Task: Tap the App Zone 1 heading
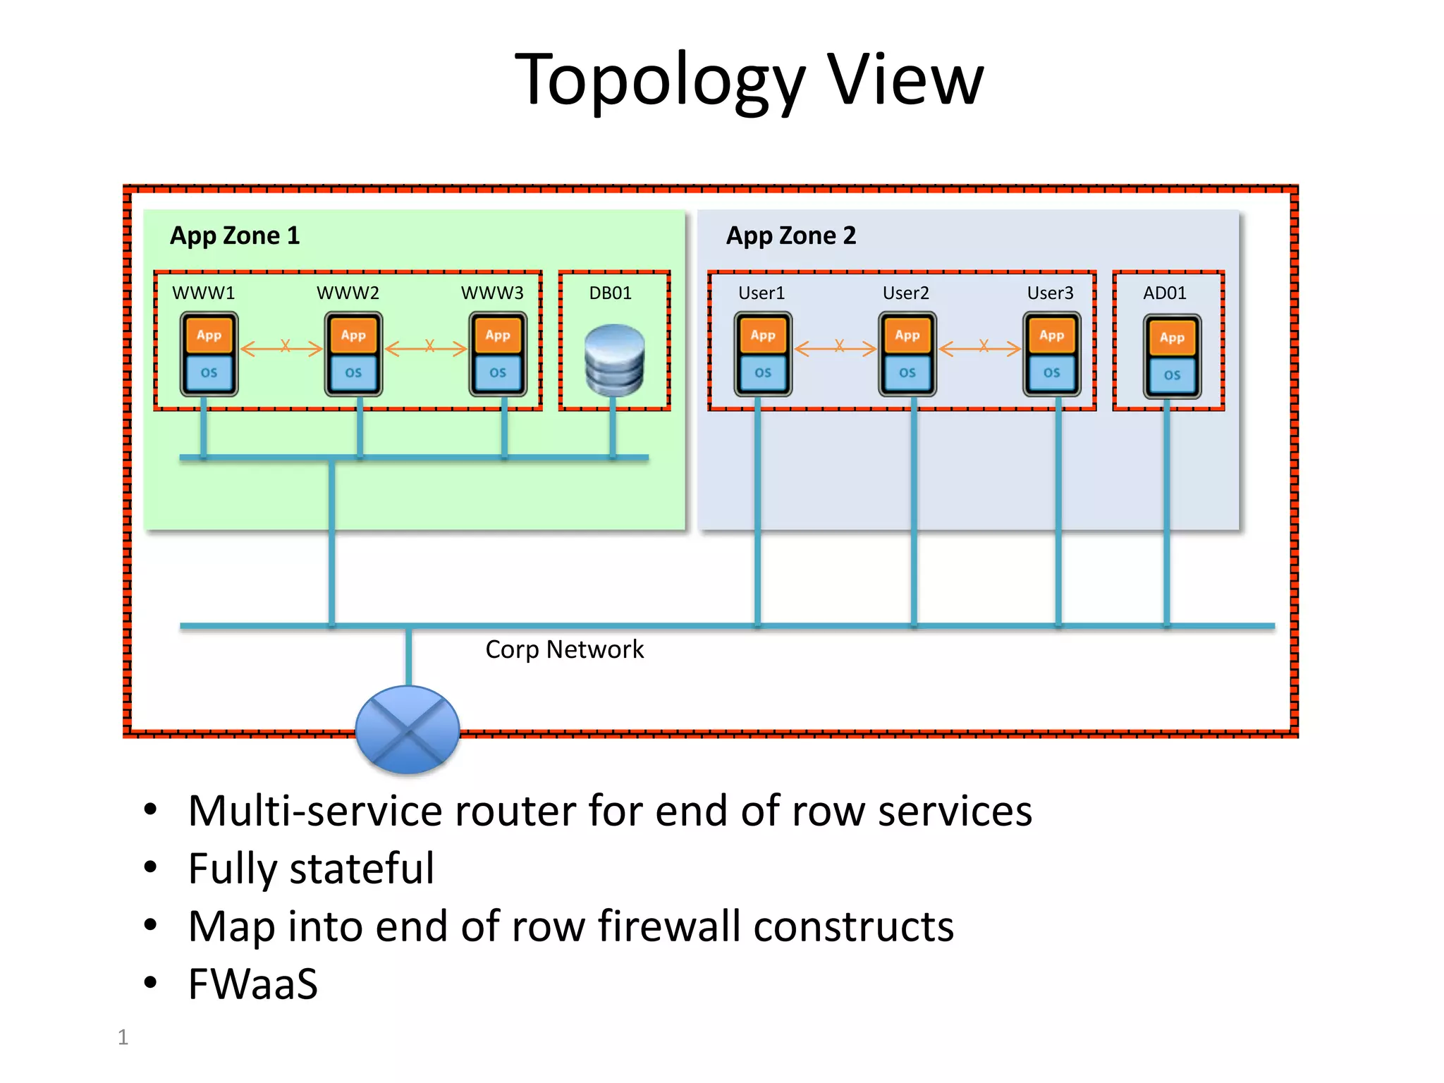[235, 235]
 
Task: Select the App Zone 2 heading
[791, 235]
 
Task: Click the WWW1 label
[203, 293]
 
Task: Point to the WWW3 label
[492, 293]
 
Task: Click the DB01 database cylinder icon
[614, 360]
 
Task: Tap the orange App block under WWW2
[353, 336]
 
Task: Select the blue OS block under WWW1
[209, 373]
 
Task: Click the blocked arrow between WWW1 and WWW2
[282, 347]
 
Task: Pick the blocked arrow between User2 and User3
[980, 347]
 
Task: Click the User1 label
[761, 293]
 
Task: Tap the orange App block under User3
[1051, 336]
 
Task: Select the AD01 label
[1165, 293]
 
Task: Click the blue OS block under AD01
[1172, 375]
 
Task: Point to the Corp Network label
[564, 649]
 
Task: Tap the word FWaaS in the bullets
[252, 984]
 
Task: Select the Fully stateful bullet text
[311, 868]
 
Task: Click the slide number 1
[123, 1037]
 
